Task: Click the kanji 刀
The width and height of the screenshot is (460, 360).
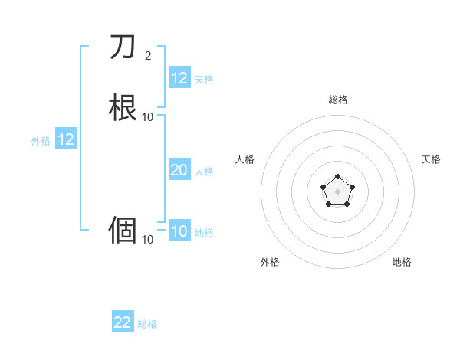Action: pyautogui.click(x=123, y=47)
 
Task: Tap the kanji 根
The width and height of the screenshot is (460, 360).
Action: pyautogui.click(x=123, y=106)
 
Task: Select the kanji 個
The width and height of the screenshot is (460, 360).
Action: pyautogui.click(x=123, y=229)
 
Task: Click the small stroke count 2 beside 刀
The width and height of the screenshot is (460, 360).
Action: pyautogui.click(x=147, y=55)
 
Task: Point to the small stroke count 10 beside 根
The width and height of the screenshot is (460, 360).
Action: pyautogui.click(x=147, y=116)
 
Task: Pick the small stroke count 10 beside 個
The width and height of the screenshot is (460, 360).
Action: pyautogui.click(x=147, y=239)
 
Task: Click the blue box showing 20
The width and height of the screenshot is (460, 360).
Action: pyautogui.click(x=179, y=171)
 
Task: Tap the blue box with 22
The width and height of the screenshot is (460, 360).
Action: pyautogui.click(x=123, y=322)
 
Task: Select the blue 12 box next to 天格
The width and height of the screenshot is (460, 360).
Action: pyautogui.click(x=179, y=78)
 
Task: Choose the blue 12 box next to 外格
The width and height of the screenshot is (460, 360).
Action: pyautogui.click(x=65, y=139)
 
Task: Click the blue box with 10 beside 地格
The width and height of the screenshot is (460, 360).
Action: pyautogui.click(x=179, y=231)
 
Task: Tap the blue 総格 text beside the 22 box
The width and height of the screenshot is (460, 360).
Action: pyautogui.click(x=147, y=324)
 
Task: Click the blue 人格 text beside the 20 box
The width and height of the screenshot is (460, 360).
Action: pyautogui.click(x=204, y=172)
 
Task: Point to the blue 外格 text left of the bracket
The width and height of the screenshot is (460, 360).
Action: pyautogui.click(x=40, y=141)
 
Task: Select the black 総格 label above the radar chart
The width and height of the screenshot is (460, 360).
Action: pyautogui.click(x=337, y=100)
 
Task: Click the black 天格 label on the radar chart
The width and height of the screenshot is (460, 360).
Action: pyautogui.click(x=431, y=159)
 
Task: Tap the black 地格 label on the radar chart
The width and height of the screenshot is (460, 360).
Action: pyautogui.click(x=402, y=262)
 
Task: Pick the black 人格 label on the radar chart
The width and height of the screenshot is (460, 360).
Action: pyautogui.click(x=245, y=159)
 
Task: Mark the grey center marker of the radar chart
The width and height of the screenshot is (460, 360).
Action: pyautogui.click(x=337, y=191)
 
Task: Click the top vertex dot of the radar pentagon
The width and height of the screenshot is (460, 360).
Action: pyautogui.click(x=337, y=176)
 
